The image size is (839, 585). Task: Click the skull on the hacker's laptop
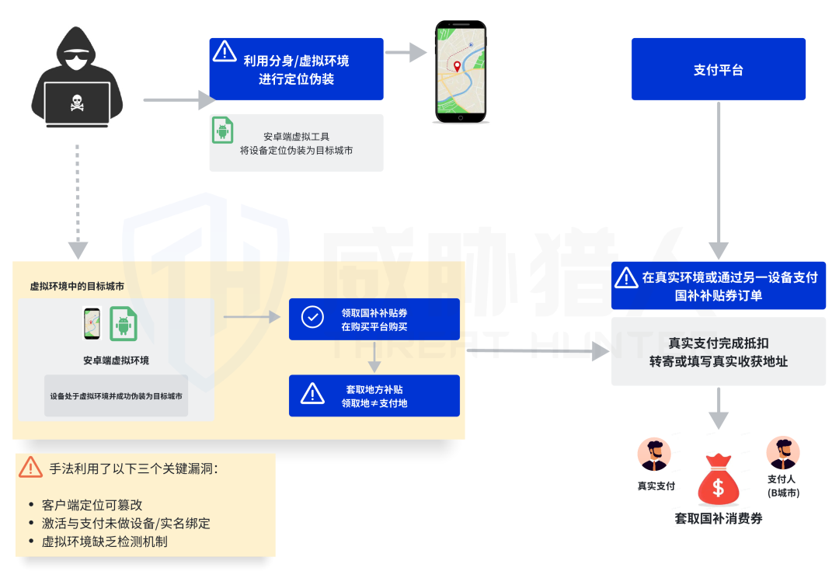[x=77, y=101]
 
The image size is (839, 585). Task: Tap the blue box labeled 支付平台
[x=718, y=69]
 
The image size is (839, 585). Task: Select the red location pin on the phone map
[x=458, y=67]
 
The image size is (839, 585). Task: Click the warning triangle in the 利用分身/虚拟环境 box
[x=225, y=51]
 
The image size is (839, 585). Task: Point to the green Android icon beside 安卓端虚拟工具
[x=223, y=130]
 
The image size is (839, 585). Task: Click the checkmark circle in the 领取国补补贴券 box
[x=312, y=318]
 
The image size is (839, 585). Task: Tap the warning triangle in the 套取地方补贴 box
[x=312, y=394]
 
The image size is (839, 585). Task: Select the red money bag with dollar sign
[x=719, y=481]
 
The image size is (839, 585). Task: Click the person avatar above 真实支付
[x=654, y=454]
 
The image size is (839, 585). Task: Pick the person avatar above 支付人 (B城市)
[x=782, y=452]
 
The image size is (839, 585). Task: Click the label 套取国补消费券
[x=719, y=518]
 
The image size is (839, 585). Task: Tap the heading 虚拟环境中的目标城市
[x=76, y=287]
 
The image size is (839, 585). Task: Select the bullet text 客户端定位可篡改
[x=92, y=505]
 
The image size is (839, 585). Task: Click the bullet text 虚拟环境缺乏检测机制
[x=105, y=541]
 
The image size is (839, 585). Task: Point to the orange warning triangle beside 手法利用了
[x=30, y=467]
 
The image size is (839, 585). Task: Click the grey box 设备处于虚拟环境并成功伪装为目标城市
[x=117, y=395]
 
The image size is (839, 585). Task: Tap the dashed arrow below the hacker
[x=77, y=202]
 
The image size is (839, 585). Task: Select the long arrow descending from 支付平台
[x=719, y=179]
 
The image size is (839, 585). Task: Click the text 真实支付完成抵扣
[x=719, y=343]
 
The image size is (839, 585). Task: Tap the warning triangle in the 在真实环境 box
[x=625, y=277]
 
